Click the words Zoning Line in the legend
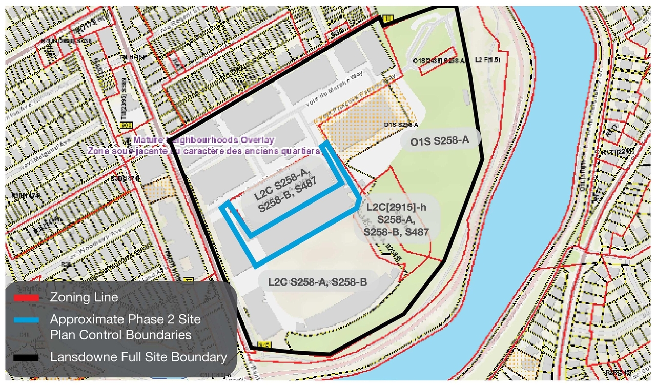coord(84,297)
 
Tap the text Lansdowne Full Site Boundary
coord(138,357)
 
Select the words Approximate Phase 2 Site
coord(125,319)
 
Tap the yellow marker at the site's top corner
coord(387,19)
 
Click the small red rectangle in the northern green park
coord(438,60)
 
